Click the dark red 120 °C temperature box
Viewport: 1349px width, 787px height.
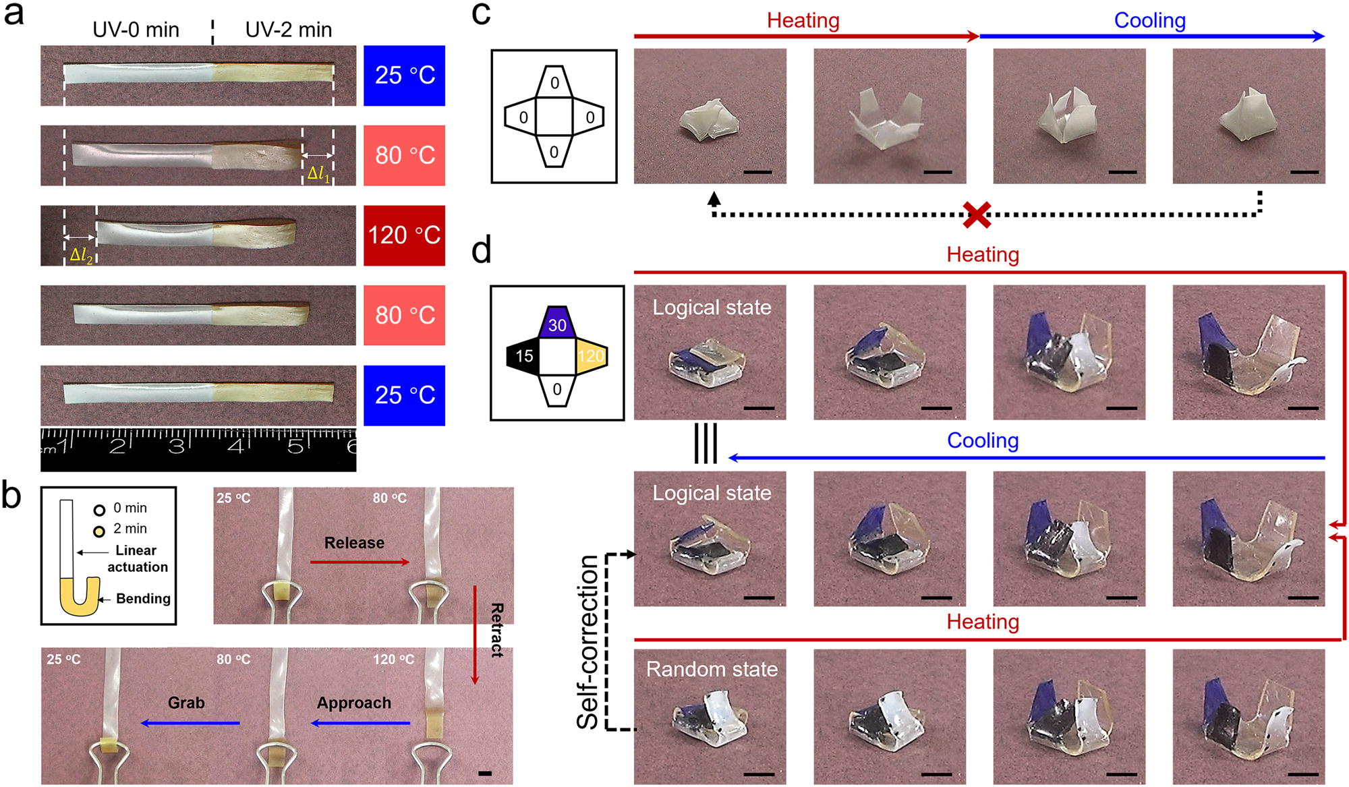(404, 235)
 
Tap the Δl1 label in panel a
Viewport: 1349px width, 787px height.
(318, 174)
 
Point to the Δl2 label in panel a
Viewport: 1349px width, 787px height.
(81, 256)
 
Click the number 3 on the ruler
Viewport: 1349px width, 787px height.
(176, 446)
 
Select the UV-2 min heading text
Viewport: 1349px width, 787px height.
(288, 30)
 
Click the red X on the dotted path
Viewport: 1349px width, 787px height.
(976, 214)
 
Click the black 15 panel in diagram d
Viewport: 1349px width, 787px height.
(524, 356)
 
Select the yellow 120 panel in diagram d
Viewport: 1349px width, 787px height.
(590, 356)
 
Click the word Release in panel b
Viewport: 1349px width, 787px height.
(354, 543)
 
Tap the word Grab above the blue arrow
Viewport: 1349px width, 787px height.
(186, 703)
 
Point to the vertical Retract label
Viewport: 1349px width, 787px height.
(497, 630)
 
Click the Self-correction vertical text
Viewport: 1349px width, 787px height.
(588, 642)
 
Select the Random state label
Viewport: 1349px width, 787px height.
(712, 669)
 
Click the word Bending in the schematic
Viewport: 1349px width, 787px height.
(143, 599)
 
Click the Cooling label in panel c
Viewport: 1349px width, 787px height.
(1149, 20)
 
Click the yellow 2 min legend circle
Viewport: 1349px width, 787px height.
(99, 531)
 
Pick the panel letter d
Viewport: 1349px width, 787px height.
(481, 250)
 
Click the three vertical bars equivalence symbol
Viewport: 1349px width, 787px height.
(706, 443)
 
